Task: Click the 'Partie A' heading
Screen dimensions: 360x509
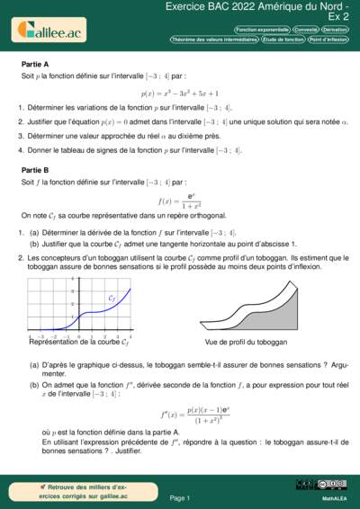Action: (x=35, y=65)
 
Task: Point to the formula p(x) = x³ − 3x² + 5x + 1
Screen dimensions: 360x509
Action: (x=179, y=92)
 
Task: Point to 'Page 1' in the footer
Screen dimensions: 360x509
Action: (x=179, y=497)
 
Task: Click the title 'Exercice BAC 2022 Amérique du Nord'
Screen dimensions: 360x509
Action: (x=261, y=7)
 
